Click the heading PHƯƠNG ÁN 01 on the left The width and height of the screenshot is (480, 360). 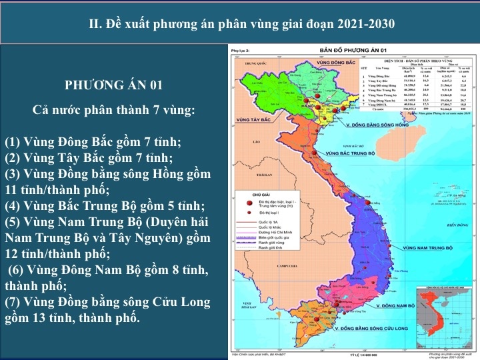(x=113, y=85)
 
